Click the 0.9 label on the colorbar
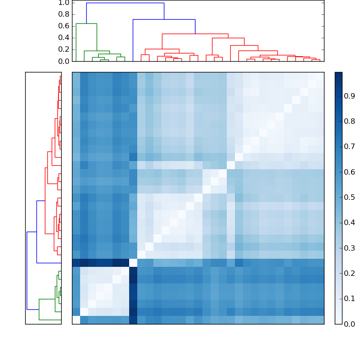click(350, 96)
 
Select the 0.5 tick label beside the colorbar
click(350, 197)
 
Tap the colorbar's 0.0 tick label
click(350, 324)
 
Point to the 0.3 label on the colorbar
click(350, 248)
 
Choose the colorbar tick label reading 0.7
click(350, 147)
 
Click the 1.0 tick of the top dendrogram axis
click(63, 3)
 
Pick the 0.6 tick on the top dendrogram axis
click(63, 26)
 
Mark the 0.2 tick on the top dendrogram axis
click(63, 49)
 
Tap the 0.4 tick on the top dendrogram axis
click(63, 37)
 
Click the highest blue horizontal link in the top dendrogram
click(125, 3)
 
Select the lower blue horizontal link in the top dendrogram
click(164, 19)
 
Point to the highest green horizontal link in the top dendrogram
click(86, 23)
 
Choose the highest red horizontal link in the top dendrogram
click(195, 34)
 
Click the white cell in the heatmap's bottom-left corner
click(76, 319)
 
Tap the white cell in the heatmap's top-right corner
click(320, 76)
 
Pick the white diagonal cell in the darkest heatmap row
click(133, 263)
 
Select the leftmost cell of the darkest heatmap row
click(76, 263)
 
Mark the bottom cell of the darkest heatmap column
click(133, 319)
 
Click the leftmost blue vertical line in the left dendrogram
click(27, 270)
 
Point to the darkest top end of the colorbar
click(338, 74)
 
